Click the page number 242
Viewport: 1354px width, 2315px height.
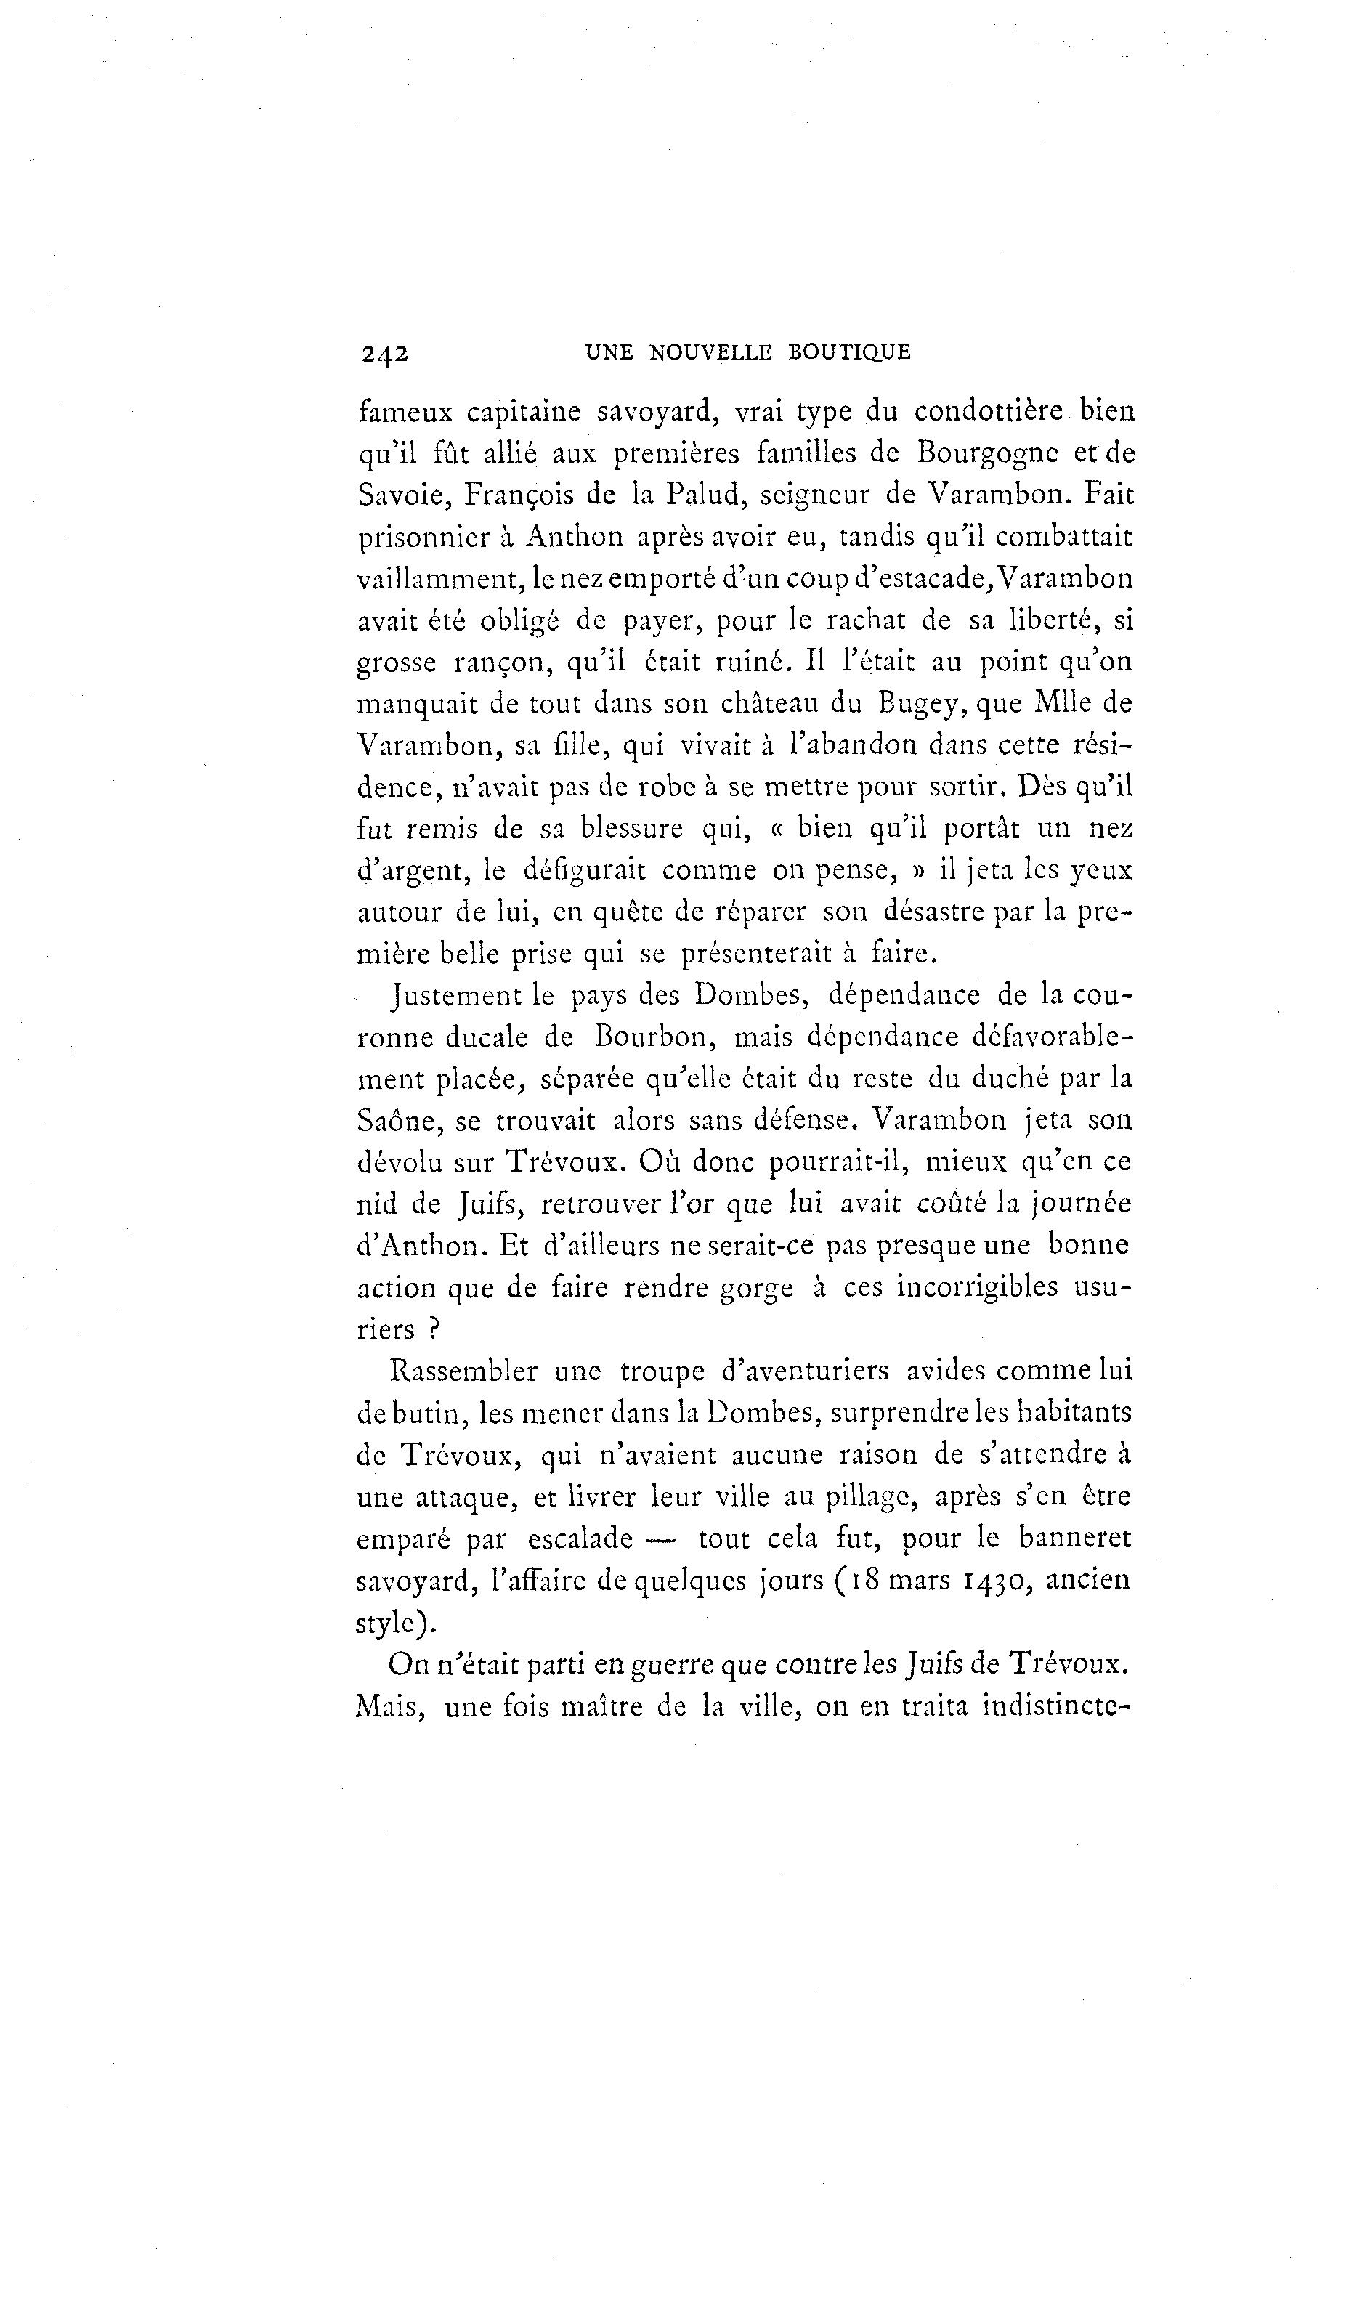384,354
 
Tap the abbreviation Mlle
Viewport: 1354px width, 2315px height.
1045,704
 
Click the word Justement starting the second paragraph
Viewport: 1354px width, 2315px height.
455,995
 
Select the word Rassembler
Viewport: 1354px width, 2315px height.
464,1371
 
